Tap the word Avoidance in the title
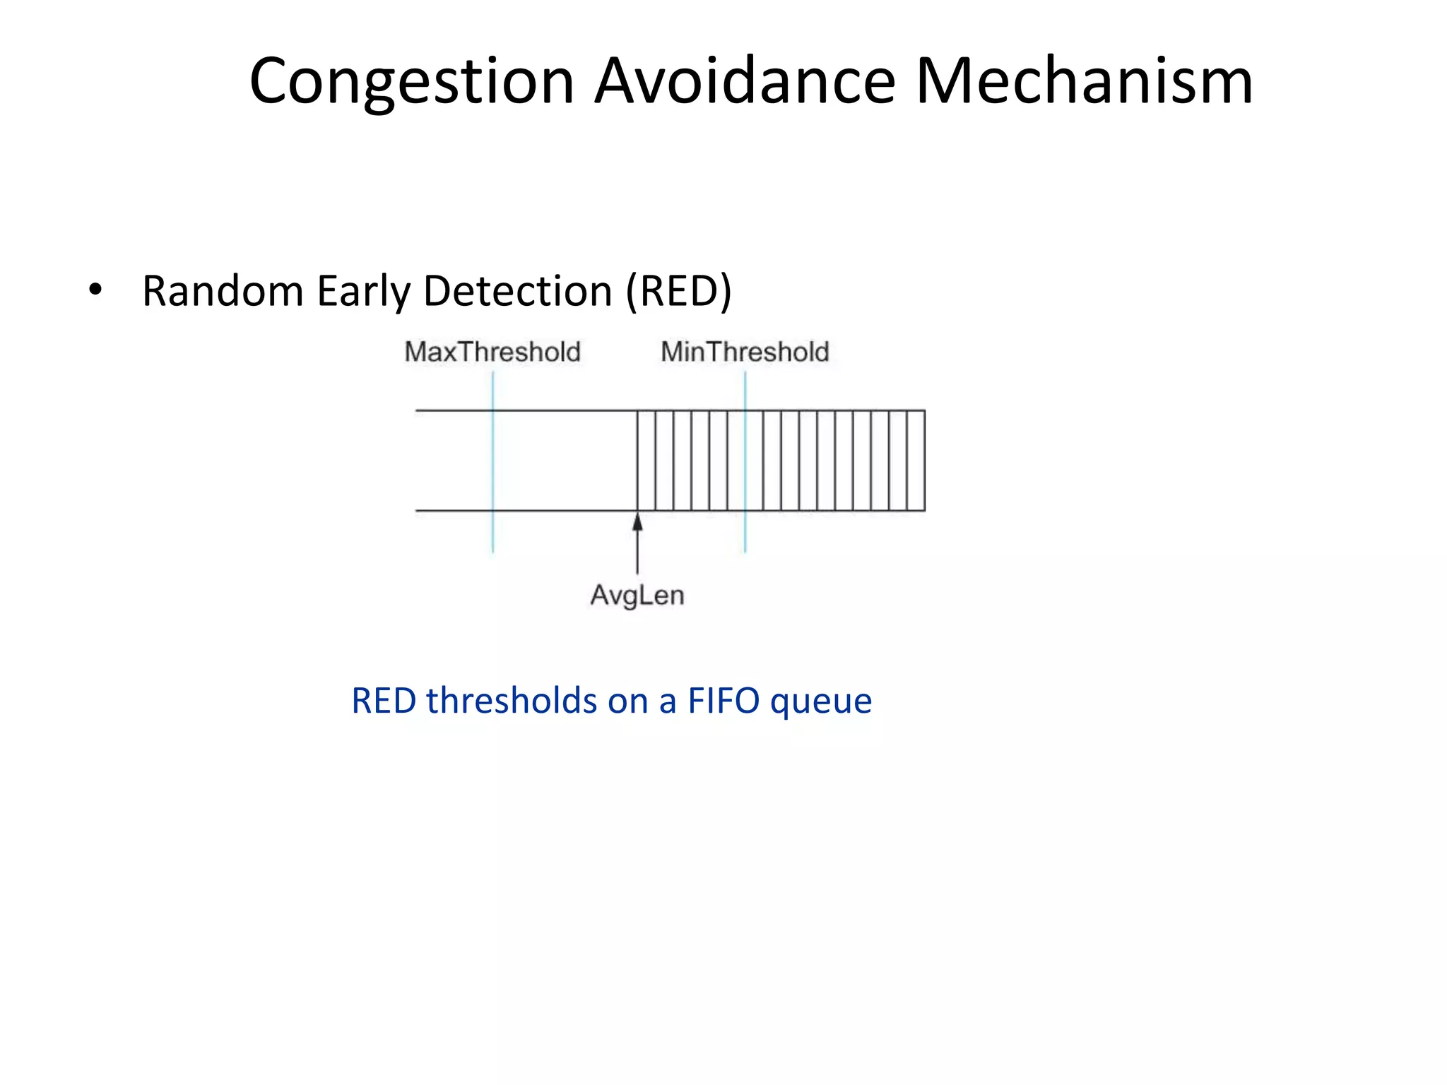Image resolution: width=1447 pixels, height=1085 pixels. pos(745,81)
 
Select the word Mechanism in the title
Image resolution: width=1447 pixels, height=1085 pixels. pos(1084,81)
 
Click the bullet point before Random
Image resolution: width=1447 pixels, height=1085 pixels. pos(95,290)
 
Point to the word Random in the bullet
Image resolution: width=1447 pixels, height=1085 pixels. pos(223,290)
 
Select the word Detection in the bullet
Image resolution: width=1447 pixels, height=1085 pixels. pos(518,290)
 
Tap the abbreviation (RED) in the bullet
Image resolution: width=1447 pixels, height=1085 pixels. pos(678,290)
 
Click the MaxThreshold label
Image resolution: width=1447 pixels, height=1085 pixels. pos(492,352)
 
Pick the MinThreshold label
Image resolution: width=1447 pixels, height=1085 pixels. pos(745,352)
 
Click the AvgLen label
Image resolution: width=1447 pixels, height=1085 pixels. pos(637,595)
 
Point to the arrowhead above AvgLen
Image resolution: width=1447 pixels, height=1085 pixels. pos(637,523)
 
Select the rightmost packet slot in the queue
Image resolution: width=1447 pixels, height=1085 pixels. pos(916,461)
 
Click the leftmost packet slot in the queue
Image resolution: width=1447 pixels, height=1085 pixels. pos(646,461)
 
